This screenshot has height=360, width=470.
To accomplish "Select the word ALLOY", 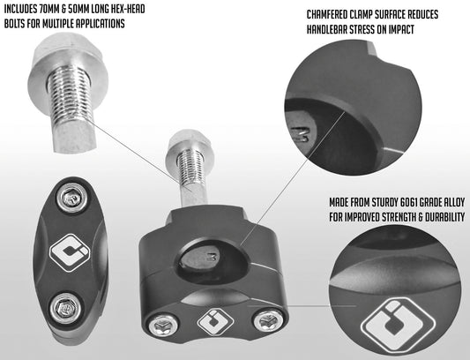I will coord(451,203).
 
